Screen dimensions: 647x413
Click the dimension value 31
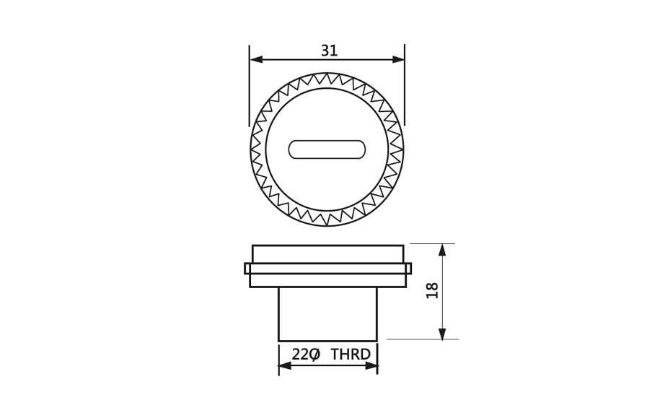click(x=330, y=51)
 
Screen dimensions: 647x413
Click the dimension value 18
click(x=432, y=291)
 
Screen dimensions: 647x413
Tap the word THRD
click(x=351, y=355)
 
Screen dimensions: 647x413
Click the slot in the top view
click(x=327, y=149)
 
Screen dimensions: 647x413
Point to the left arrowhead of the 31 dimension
click(x=256, y=59)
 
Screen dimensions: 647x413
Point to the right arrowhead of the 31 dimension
click(x=398, y=59)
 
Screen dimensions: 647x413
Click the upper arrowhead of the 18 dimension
click(x=442, y=251)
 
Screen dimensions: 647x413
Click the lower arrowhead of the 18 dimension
click(x=442, y=334)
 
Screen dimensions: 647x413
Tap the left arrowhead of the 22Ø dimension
click(x=286, y=366)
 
